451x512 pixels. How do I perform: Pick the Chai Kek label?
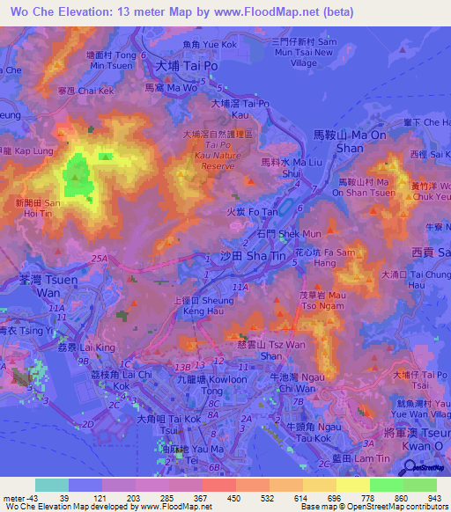(85, 90)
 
